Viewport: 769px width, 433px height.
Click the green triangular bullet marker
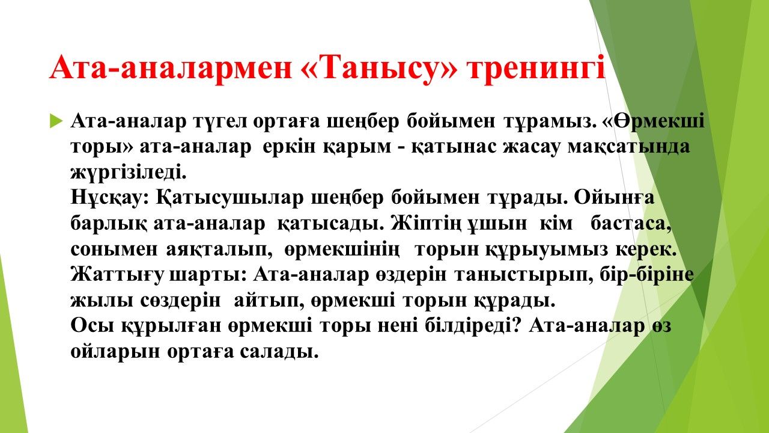coord(56,121)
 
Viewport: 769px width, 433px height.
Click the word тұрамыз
coord(550,121)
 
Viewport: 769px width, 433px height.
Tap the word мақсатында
coord(628,147)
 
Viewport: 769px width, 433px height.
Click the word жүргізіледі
coord(129,172)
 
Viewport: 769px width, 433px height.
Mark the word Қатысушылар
coord(229,198)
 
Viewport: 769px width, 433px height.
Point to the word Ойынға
coord(614,198)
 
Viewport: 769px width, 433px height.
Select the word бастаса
coord(631,224)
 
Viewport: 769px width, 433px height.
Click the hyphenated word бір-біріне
coord(647,275)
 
